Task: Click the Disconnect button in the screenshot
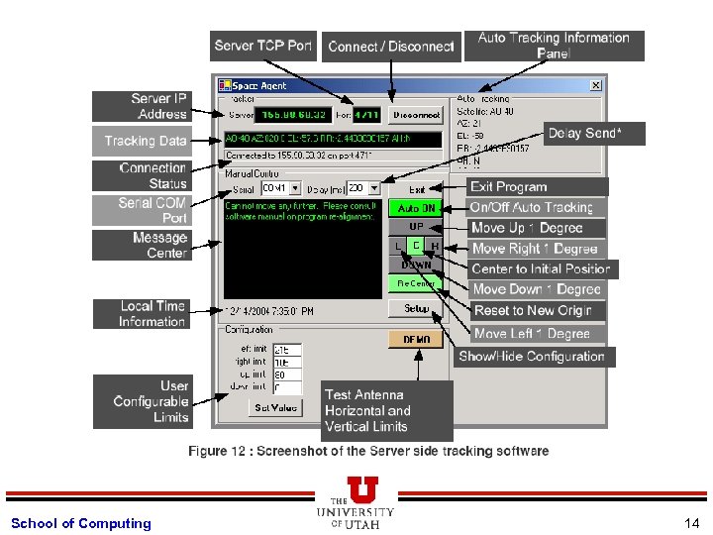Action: [x=416, y=115]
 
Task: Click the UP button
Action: [x=416, y=227]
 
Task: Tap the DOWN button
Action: [x=416, y=265]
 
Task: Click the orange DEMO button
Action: [x=416, y=339]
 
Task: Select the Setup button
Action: [x=416, y=308]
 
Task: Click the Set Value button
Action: [x=275, y=407]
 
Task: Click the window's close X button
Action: [x=595, y=85]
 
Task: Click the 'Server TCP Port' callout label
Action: [x=263, y=46]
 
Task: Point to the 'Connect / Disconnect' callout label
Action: [x=390, y=47]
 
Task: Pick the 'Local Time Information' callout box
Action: [x=142, y=314]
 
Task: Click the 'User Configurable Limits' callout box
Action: [x=142, y=401]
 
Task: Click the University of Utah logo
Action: [x=356, y=503]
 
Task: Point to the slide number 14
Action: [x=690, y=523]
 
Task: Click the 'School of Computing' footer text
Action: [x=81, y=523]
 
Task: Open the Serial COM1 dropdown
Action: [x=282, y=188]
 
